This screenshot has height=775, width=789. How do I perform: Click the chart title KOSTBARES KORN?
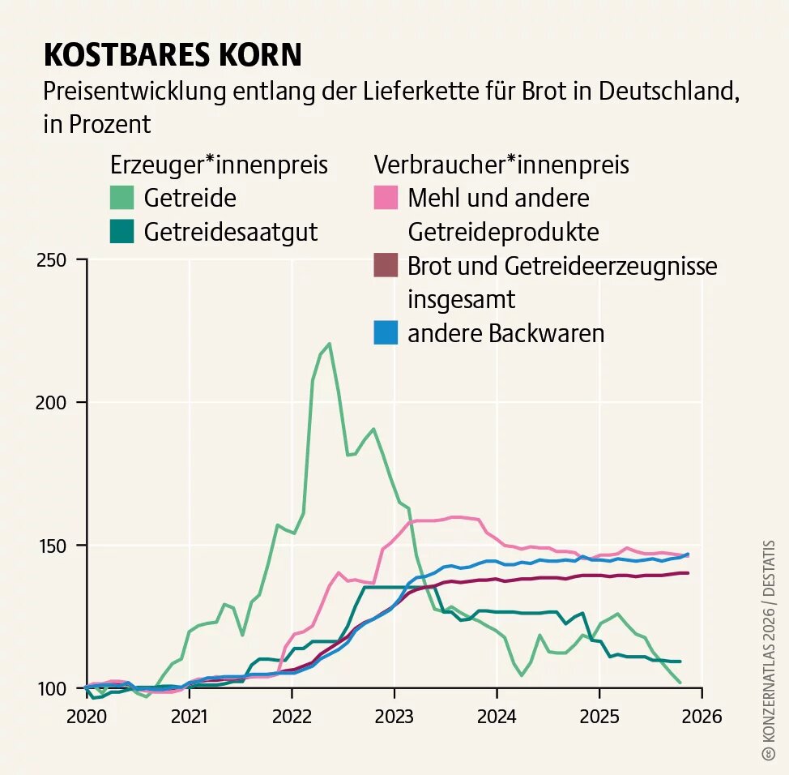pos(172,54)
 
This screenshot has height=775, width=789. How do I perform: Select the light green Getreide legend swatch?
pos(122,198)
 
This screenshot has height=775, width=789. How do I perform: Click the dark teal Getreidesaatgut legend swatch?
pos(122,232)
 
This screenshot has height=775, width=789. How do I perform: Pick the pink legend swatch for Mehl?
pos(386,198)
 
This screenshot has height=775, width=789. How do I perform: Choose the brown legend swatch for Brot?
pos(386,265)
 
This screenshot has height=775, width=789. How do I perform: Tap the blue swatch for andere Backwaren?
pos(386,333)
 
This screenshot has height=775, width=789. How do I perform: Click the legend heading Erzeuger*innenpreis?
pos(219,165)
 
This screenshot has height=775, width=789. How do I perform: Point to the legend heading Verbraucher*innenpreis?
pos(501,165)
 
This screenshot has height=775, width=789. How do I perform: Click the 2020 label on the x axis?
pos(87,717)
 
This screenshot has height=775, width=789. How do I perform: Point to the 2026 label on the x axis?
pos(702,717)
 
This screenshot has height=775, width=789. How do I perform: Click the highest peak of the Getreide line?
pos(329,344)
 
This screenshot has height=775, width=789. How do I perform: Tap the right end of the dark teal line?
pos(679,662)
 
